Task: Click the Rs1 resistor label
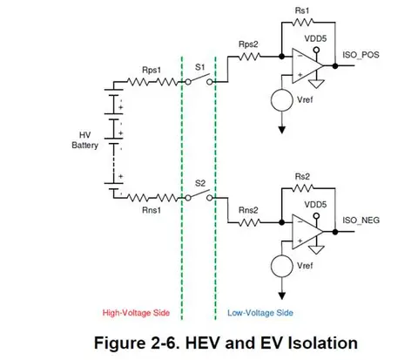pos(302,10)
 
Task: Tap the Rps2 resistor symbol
pos(249,57)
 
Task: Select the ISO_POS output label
pos(361,55)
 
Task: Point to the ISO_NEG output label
pos(361,221)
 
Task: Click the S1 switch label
pos(200,67)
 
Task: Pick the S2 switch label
pos(200,183)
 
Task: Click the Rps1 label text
pos(152,71)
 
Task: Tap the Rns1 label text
pos(152,210)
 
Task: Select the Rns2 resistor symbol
pos(249,223)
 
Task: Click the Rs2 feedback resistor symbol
pos(302,188)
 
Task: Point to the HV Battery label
pos(85,140)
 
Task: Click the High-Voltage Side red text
pos(136,313)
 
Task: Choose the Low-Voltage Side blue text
pos(260,313)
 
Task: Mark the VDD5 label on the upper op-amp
pos(315,38)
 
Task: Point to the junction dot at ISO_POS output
pos(335,66)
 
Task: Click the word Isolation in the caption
pos(322,343)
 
